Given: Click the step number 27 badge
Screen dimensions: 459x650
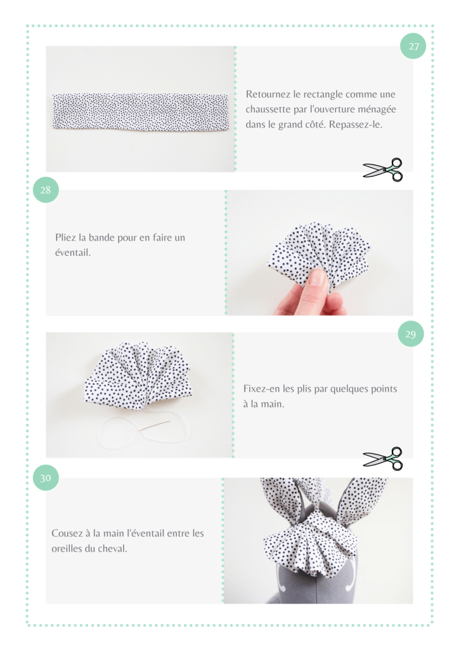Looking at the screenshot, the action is (x=413, y=46).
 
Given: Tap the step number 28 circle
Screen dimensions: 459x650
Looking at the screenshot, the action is (x=46, y=190).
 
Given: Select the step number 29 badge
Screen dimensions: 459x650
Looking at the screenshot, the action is (x=411, y=334).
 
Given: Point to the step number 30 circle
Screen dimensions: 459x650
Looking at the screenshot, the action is (x=46, y=477).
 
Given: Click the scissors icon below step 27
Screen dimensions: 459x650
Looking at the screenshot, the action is (x=383, y=169).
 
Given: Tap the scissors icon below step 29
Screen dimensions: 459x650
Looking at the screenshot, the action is (x=383, y=458).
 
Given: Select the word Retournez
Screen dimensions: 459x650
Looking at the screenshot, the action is (x=268, y=94).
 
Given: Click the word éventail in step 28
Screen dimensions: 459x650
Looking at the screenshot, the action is (x=72, y=252).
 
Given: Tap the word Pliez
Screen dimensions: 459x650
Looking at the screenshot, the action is (x=65, y=237).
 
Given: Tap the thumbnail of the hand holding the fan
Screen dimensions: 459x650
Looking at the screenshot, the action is (x=319, y=253).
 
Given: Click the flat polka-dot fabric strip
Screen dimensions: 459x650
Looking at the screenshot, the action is (x=140, y=112).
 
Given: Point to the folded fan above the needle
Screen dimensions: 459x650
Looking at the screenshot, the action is (x=138, y=376).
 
